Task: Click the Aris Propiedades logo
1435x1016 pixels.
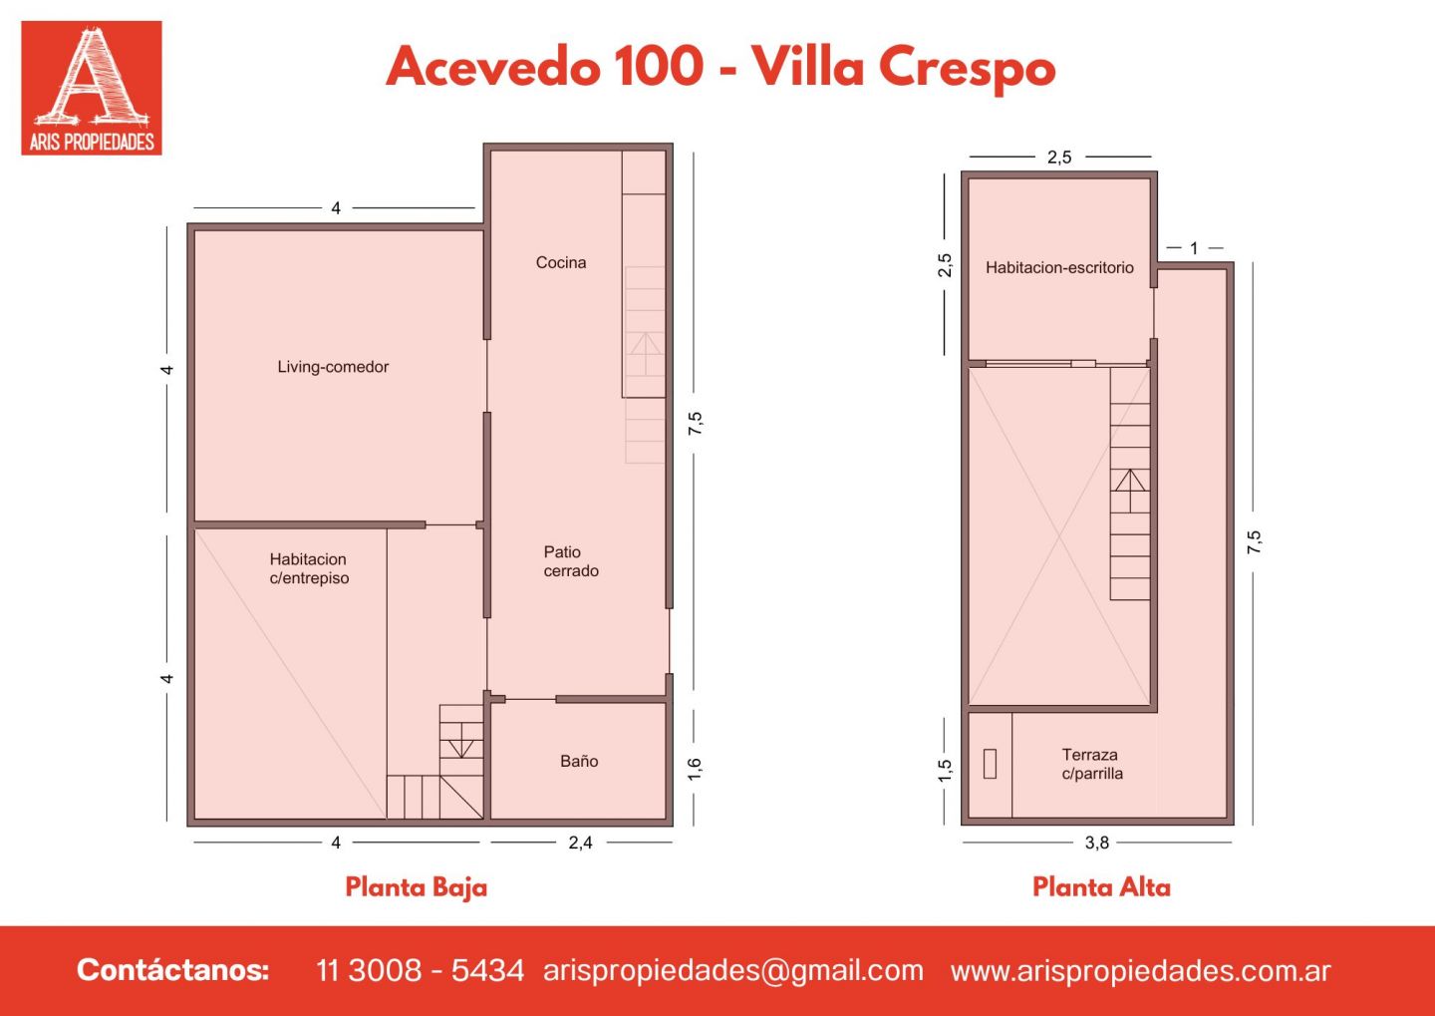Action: point(92,88)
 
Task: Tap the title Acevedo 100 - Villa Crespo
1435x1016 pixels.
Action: point(720,69)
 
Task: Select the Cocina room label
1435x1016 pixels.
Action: point(560,262)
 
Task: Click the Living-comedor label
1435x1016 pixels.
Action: point(333,367)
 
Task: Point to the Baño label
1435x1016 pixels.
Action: point(579,761)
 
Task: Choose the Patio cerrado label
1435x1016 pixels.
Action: point(571,561)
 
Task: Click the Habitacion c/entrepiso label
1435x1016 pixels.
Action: point(309,568)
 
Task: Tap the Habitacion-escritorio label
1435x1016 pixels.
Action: point(1059,267)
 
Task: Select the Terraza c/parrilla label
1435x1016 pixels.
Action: point(1092,764)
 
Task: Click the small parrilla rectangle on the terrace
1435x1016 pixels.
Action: point(990,764)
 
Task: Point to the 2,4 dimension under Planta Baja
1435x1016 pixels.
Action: point(580,843)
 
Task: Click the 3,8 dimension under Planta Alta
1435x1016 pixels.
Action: point(1097,843)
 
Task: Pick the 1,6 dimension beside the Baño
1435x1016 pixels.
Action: point(695,769)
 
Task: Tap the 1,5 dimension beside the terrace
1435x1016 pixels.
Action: point(945,770)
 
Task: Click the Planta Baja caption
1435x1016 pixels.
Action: point(417,887)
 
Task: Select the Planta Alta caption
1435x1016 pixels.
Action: point(1102,887)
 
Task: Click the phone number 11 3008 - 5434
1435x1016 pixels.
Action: point(420,970)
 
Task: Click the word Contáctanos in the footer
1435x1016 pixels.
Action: point(173,970)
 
